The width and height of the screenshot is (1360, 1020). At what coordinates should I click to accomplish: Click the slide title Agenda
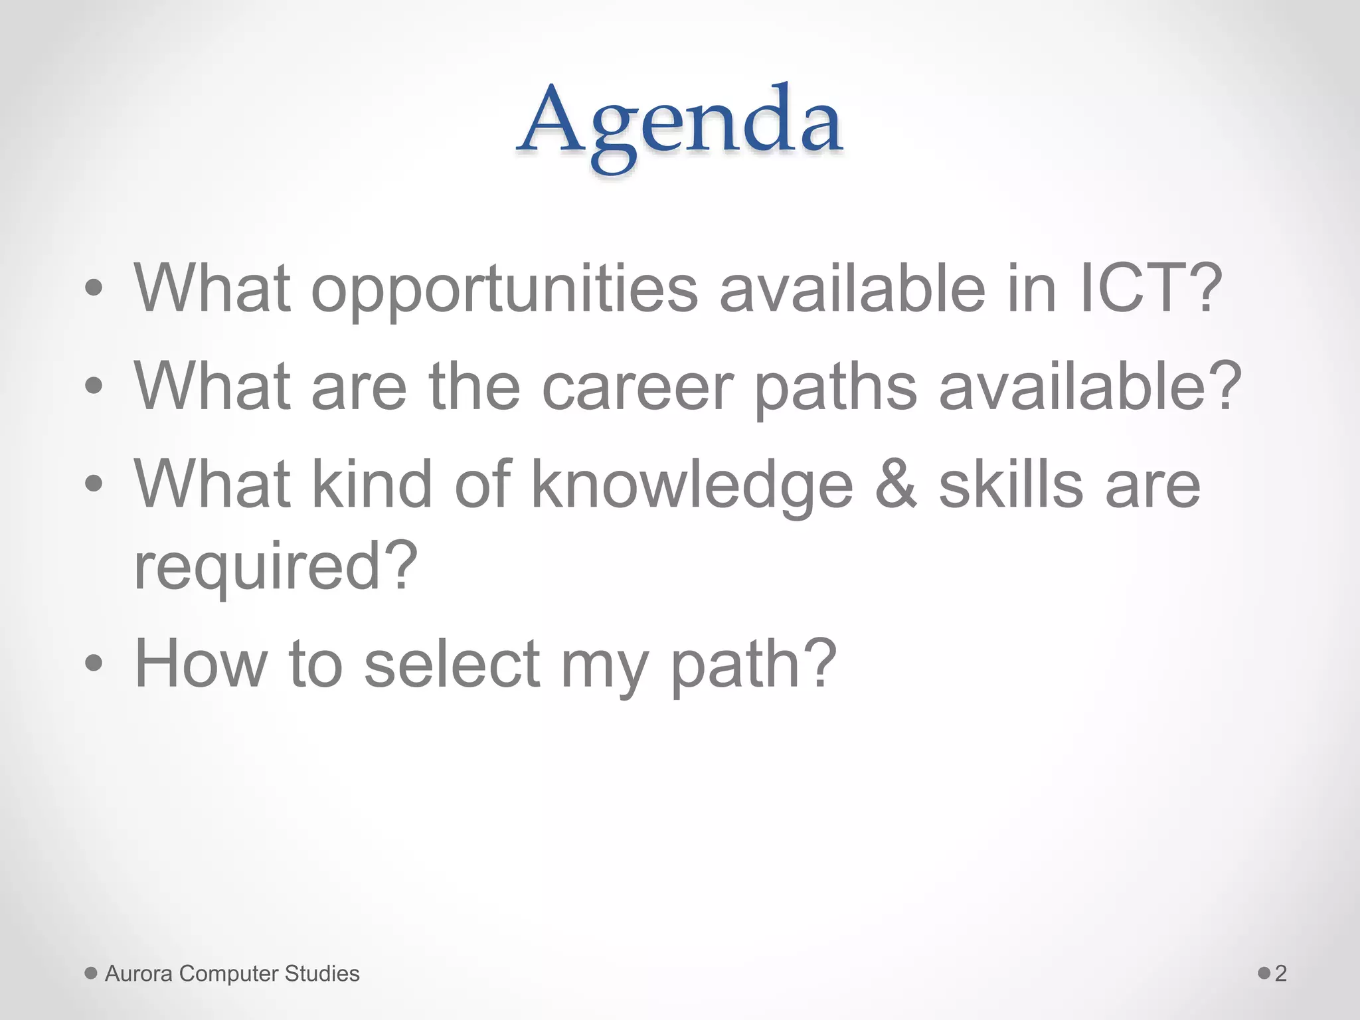[680, 123]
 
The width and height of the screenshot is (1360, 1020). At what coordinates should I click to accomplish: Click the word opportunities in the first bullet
[505, 290]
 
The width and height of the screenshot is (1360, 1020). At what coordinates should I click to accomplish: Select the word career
[637, 387]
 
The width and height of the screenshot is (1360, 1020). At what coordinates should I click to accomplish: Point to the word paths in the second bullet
[835, 387]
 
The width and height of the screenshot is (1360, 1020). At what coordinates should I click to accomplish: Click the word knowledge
[692, 485]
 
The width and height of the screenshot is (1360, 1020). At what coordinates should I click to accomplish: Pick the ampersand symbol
[896, 484]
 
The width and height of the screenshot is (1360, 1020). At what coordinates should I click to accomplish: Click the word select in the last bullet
[452, 663]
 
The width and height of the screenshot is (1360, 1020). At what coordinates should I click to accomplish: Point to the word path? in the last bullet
[753, 663]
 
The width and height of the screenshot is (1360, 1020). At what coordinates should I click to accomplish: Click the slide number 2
[1281, 974]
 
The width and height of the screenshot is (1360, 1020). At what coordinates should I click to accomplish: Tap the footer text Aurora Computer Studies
[232, 974]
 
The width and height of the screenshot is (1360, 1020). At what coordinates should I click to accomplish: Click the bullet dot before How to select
[94, 663]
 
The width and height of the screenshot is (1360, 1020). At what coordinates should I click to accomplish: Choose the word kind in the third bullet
[372, 484]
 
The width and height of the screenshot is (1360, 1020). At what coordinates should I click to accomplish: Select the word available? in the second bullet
[1089, 387]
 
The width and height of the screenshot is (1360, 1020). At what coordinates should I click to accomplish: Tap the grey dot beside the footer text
[91, 974]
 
